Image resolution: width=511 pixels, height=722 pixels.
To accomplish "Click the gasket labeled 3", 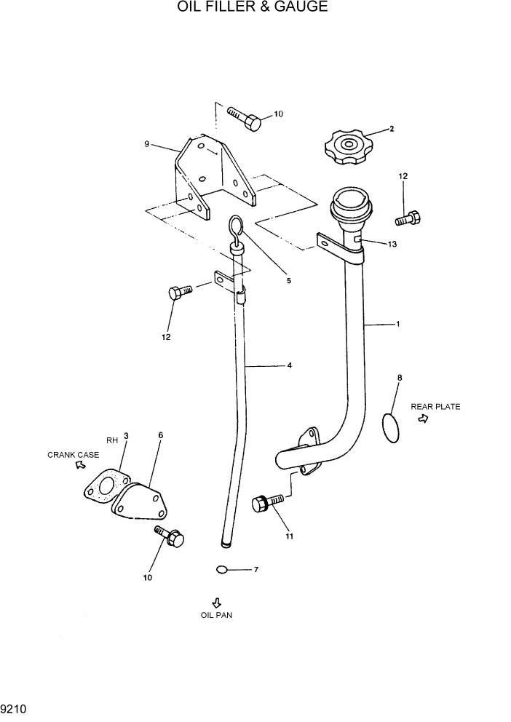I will pyautogui.click(x=105, y=488).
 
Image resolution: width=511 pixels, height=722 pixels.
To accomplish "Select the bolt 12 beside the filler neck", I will pyautogui.click(x=407, y=218).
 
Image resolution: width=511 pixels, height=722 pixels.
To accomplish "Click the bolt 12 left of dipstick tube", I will pyautogui.click(x=178, y=293).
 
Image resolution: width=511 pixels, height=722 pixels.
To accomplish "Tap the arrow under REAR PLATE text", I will pyautogui.click(x=423, y=421).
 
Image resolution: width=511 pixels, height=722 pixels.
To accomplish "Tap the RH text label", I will pyautogui.click(x=111, y=440).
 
